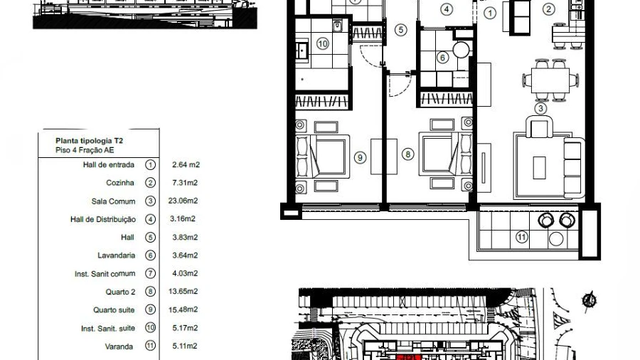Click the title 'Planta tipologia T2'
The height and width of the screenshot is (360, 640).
[x=90, y=141]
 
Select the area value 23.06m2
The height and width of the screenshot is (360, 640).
[x=183, y=201]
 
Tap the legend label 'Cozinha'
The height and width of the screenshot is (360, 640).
[x=120, y=183]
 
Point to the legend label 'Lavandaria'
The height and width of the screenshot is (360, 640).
[x=117, y=255]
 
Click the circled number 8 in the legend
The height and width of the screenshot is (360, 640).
[x=150, y=292]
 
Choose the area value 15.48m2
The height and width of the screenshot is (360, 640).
[x=183, y=309]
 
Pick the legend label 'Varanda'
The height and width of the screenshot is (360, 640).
[x=119, y=346]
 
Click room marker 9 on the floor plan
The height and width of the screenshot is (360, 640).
[x=360, y=157]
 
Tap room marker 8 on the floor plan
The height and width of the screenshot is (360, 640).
[x=407, y=154]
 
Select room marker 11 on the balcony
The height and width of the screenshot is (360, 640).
[x=522, y=237]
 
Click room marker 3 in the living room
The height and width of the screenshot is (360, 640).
[x=541, y=109]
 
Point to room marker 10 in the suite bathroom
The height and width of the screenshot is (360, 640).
[x=322, y=43]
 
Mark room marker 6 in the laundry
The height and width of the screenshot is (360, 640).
[x=442, y=58]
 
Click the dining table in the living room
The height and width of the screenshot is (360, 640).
[x=550, y=80]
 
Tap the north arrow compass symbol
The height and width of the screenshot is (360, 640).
[x=589, y=301]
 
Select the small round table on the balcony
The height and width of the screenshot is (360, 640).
[x=556, y=239]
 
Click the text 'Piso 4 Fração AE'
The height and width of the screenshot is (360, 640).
[x=85, y=150]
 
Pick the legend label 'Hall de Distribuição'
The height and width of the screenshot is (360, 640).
[x=103, y=220]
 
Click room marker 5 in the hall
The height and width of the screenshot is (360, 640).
[x=401, y=30]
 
